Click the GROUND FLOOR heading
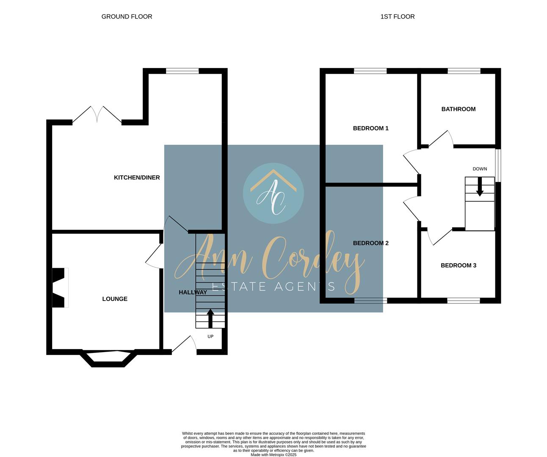click(x=127, y=17)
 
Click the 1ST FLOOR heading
click(x=397, y=17)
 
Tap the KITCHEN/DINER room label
click(x=137, y=177)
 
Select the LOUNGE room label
click(x=115, y=299)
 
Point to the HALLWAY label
click(x=193, y=292)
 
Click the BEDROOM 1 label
click(x=370, y=128)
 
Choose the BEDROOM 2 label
click(x=370, y=243)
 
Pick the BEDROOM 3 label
click(x=458, y=265)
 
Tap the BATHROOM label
click(x=458, y=109)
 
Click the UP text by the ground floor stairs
click(x=210, y=336)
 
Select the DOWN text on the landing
click(x=480, y=169)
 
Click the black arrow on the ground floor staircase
click(x=210, y=318)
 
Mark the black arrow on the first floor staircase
click(x=480, y=187)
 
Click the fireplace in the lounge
click(x=60, y=288)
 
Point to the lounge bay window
click(x=109, y=358)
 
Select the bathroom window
click(x=464, y=71)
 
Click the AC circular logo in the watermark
click(x=273, y=193)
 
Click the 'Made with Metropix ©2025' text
click(x=273, y=455)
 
